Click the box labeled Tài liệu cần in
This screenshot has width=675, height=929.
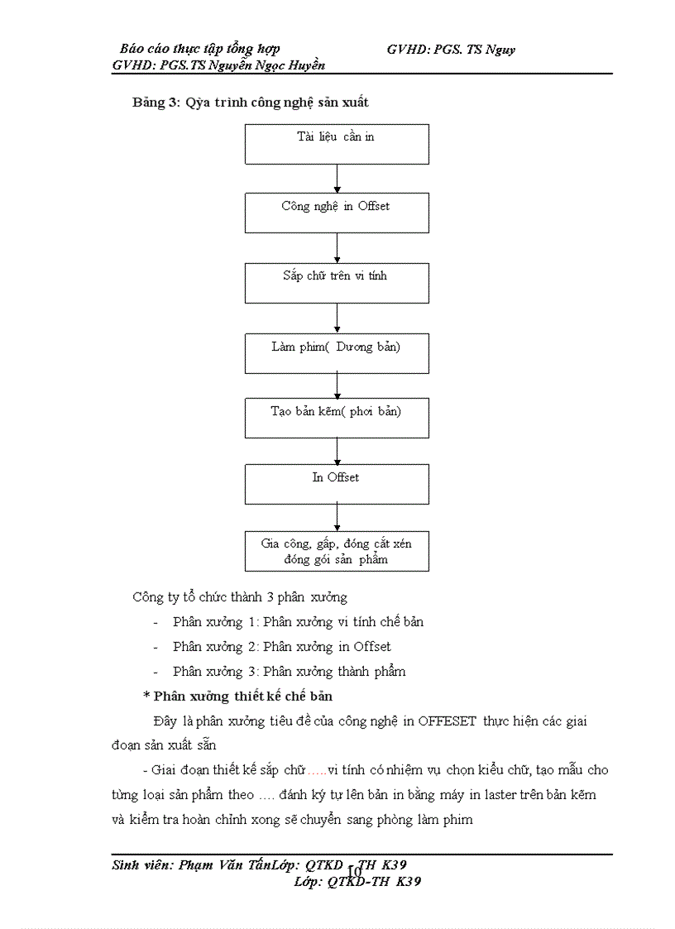337,144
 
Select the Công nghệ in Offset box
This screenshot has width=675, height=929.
337,213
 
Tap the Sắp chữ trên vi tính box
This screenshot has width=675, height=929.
337,283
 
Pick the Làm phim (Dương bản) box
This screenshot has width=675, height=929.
337,353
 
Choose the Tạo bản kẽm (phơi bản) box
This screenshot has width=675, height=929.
337,418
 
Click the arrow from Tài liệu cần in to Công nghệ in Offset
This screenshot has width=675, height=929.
337,178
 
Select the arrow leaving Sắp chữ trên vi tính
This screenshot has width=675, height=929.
337,318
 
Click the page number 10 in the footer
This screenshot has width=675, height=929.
354,872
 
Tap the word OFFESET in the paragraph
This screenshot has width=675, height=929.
447,721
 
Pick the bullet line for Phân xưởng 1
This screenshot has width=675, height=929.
298,621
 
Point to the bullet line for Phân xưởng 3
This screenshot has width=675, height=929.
289,671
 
